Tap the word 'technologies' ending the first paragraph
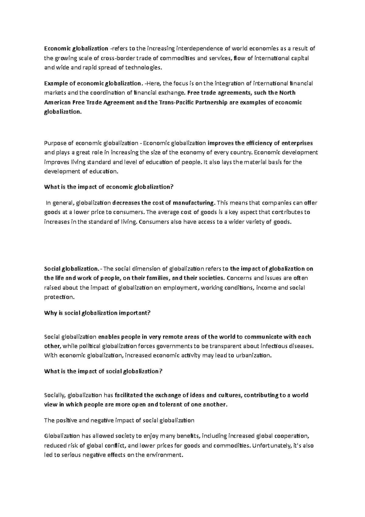(x=143, y=68)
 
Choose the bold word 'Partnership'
(x=210, y=102)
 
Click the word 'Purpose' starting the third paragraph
(x=54, y=143)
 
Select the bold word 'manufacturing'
(x=194, y=203)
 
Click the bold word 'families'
(x=160, y=278)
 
